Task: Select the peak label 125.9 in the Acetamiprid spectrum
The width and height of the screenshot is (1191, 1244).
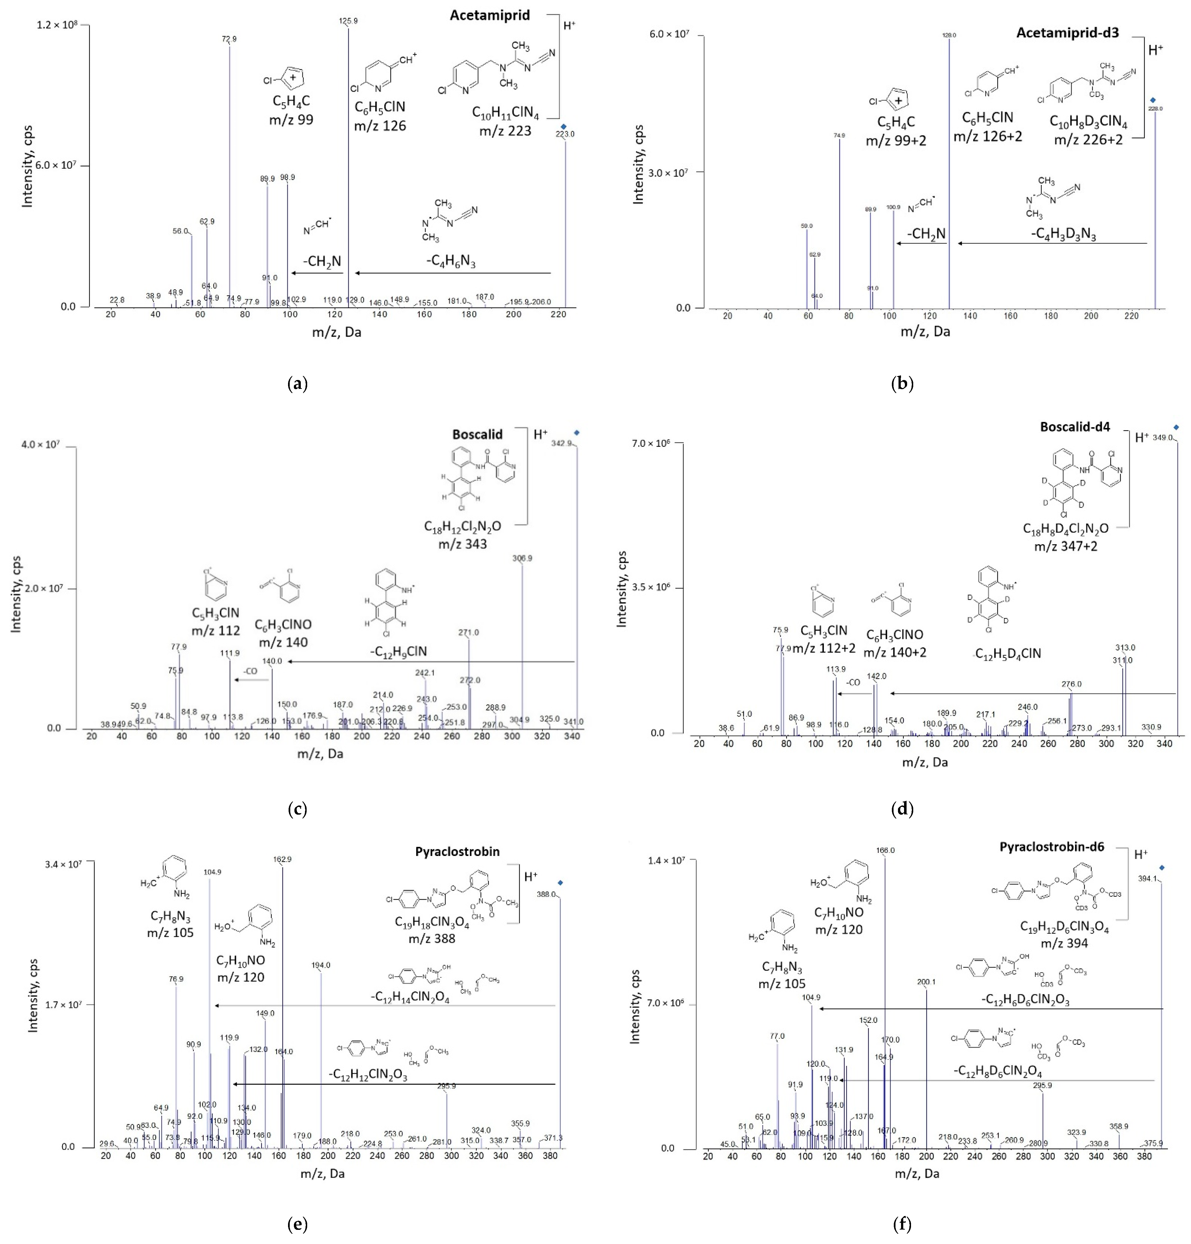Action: [x=348, y=21]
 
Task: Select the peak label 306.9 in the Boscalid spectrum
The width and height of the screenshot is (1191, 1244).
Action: [x=522, y=559]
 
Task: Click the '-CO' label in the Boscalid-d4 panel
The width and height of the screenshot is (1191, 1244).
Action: [x=853, y=682]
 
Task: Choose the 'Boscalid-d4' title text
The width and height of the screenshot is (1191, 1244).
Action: [x=1075, y=427]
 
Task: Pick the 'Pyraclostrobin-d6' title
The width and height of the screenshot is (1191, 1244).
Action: [x=1051, y=847]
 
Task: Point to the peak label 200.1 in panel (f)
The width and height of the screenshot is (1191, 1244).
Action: [x=926, y=982]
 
